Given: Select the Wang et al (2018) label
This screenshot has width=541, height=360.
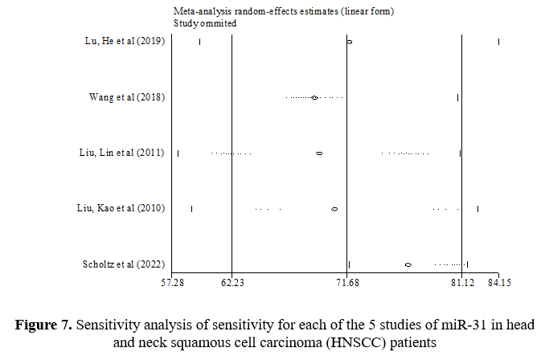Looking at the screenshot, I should (x=126, y=97).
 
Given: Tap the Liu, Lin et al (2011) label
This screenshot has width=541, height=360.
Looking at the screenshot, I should (x=117, y=153).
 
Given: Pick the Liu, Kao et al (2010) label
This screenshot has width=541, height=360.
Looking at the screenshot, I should (x=117, y=208).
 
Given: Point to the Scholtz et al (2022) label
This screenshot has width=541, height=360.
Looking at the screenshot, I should (x=124, y=264).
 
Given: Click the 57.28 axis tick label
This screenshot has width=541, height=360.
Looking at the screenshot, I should (x=173, y=282).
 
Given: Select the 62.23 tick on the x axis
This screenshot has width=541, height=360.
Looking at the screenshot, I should (x=232, y=282).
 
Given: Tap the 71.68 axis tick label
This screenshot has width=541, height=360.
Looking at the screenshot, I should (x=346, y=282).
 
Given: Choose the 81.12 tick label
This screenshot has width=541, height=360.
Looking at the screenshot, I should (x=462, y=282).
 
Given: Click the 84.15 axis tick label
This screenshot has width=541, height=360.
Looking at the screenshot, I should (x=498, y=282).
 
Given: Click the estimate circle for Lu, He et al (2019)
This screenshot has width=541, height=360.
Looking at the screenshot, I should (x=349, y=42).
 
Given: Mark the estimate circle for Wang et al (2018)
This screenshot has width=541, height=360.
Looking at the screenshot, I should (x=314, y=97).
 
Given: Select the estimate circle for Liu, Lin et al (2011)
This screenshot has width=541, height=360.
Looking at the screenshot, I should (x=319, y=153).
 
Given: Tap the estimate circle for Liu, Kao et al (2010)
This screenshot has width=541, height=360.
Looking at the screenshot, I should (x=334, y=208).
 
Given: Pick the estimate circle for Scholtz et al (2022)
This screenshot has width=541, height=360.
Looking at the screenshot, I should (x=408, y=264).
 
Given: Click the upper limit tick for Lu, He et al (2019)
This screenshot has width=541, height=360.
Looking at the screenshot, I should (x=498, y=42).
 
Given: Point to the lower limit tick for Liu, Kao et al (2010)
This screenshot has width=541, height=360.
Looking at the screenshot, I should (x=192, y=208).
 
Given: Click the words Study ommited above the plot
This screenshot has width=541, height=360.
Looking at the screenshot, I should (x=205, y=23).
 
